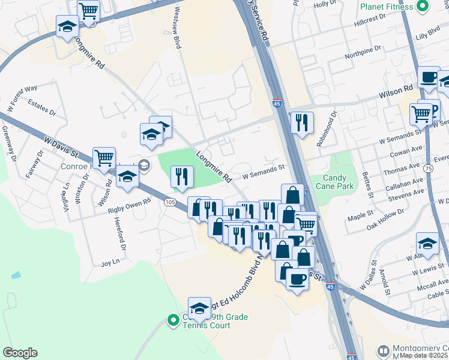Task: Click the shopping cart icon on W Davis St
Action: (x=104, y=158)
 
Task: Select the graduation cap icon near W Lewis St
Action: (x=427, y=243)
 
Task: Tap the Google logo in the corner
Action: (x=20, y=353)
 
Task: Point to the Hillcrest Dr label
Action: (x=372, y=22)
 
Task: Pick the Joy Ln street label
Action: (x=110, y=262)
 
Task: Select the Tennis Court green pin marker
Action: (x=173, y=321)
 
